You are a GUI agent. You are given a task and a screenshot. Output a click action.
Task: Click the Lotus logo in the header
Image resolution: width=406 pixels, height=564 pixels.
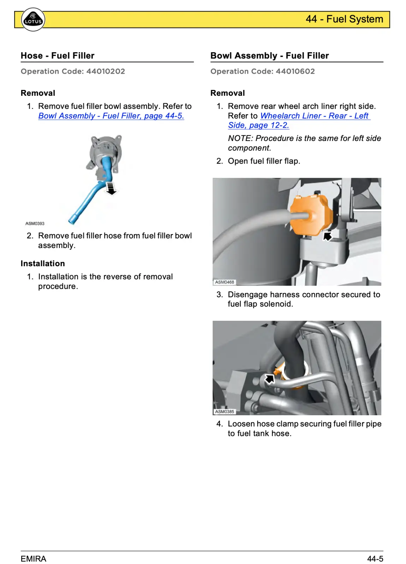point(33,19)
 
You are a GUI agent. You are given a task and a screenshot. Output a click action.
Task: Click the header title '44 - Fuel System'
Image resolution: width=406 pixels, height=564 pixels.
point(344,19)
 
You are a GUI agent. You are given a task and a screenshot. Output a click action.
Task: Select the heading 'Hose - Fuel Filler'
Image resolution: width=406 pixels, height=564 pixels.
point(58,56)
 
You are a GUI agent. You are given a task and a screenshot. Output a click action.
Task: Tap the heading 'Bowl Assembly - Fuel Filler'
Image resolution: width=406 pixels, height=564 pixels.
point(269,56)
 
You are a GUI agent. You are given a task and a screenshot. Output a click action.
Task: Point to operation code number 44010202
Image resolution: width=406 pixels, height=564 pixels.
point(106,71)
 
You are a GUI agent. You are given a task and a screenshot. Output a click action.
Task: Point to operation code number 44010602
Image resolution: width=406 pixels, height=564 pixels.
point(295,71)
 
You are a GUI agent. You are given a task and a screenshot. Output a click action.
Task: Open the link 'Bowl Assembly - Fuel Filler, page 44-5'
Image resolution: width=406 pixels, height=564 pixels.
point(111,116)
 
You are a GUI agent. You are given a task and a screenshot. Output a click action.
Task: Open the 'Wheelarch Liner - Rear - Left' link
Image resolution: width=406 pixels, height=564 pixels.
point(315,116)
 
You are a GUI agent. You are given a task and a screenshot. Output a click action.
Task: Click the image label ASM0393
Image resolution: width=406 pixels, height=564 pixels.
point(35,223)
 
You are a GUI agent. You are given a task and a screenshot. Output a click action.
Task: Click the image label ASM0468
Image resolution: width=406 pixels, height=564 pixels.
point(225,282)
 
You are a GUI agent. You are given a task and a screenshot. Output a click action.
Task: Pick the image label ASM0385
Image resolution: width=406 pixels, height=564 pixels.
point(225,411)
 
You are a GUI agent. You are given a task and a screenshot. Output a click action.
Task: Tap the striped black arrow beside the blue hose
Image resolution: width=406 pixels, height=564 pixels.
point(111,188)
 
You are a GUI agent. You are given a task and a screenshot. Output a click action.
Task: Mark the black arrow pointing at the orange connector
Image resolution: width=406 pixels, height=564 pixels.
point(328,236)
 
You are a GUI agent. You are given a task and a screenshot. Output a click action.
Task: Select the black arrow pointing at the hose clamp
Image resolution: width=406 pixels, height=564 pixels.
point(270,379)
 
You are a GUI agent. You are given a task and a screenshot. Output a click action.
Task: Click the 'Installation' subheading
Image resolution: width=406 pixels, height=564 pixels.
point(43,264)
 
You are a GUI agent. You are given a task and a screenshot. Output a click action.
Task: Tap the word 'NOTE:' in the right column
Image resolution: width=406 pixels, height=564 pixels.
point(240,138)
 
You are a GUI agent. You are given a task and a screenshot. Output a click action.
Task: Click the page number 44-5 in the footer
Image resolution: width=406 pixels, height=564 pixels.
point(375,559)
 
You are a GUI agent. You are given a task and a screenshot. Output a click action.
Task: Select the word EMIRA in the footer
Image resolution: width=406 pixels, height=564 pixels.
point(34,559)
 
